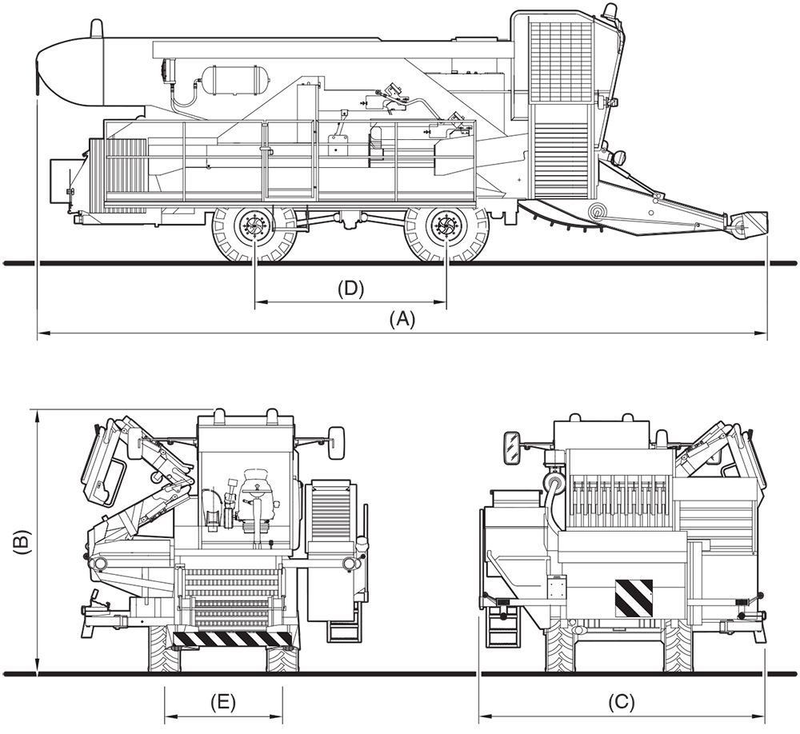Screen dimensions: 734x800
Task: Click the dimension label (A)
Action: pos(402,319)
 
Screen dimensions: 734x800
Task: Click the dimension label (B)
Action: pos(22,543)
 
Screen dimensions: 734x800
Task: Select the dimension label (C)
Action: pos(621,703)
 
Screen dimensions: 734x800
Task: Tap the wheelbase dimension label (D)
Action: pos(350,289)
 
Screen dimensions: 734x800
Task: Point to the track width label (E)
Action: pos(223,703)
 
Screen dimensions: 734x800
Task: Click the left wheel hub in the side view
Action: pos(254,228)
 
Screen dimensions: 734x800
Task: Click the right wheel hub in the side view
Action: pos(445,228)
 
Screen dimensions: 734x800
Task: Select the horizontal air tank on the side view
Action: pos(234,79)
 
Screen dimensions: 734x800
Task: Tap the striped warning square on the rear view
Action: pos(633,598)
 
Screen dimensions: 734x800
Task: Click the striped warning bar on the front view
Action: pos(233,638)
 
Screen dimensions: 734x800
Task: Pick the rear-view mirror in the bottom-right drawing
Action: pos(511,448)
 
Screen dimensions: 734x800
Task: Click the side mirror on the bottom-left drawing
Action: pos(336,441)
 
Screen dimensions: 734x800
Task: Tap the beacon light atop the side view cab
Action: pos(610,11)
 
